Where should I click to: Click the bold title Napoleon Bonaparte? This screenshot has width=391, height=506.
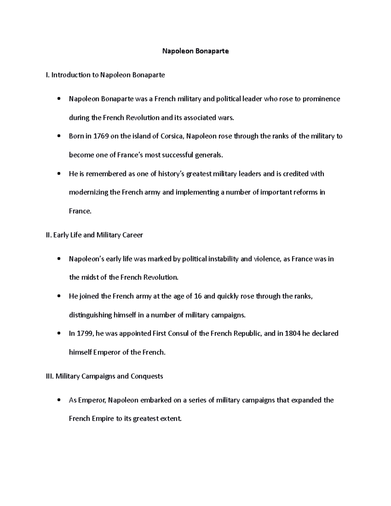195,51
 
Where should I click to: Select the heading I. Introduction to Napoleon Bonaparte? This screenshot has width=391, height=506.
106,75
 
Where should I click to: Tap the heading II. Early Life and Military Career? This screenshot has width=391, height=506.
94,235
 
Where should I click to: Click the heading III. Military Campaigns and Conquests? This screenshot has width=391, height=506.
105,376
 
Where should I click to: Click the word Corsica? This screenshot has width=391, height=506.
172,136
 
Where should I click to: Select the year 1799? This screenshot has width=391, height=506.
85,334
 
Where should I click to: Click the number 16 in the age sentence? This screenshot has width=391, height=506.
197,296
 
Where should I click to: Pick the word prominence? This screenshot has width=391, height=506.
321,99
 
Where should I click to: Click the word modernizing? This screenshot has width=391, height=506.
88,192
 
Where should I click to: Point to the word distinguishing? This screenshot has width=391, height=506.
90,315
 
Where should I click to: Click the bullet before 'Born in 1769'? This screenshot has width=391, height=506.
59,137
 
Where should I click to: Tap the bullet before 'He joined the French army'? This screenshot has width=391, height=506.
59,296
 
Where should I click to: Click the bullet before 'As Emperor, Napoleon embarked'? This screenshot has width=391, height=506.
59,400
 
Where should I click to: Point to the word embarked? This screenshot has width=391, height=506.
156,400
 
